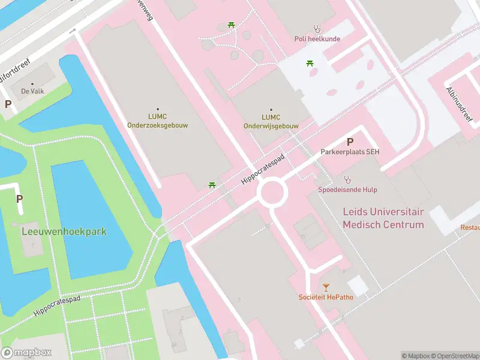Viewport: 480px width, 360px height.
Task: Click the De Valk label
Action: click(x=32, y=91)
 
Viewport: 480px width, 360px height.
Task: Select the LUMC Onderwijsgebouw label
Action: click(x=271, y=122)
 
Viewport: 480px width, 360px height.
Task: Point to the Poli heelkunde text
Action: click(x=317, y=39)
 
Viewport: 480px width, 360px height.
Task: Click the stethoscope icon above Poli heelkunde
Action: click(x=317, y=28)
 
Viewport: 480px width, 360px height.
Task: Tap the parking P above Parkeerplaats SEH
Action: click(x=350, y=142)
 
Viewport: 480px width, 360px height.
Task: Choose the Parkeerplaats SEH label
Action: click(x=350, y=152)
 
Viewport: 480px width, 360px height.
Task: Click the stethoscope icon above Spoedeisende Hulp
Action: click(x=347, y=179)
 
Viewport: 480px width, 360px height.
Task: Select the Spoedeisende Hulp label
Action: click(x=347, y=190)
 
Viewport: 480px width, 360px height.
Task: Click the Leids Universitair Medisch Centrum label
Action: click(x=383, y=218)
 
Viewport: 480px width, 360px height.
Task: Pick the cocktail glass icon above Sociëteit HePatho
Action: click(x=326, y=287)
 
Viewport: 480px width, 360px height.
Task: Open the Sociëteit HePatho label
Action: click(x=326, y=297)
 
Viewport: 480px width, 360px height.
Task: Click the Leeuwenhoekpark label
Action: click(x=64, y=231)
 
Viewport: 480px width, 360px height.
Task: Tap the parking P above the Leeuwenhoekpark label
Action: click(x=19, y=199)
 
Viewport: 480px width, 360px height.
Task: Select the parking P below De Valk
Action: click(x=8, y=104)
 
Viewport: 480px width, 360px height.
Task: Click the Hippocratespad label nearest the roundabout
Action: click(x=262, y=167)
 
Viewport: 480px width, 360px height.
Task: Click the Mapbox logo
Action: click(x=26, y=353)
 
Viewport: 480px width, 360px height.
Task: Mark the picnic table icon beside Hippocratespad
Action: click(x=212, y=185)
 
